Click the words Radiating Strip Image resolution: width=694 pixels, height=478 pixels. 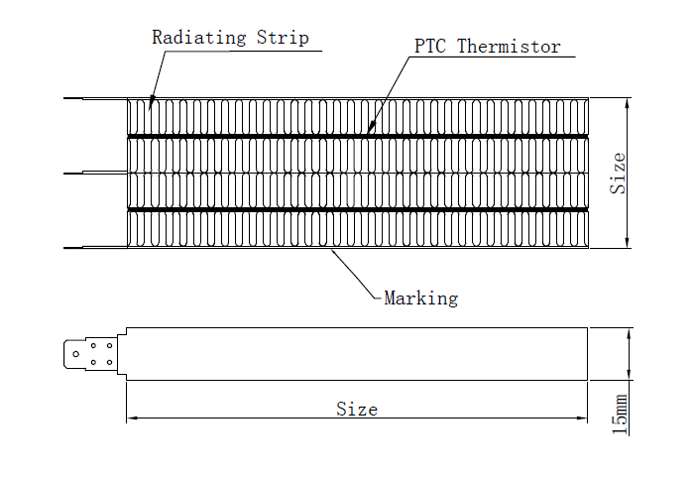coord(230,39)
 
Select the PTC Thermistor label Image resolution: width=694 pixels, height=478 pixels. coord(487,47)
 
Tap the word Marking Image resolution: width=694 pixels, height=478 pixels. coord(420,298)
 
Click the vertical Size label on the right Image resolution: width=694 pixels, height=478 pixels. coord(618,173)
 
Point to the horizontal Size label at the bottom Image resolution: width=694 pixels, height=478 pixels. coord(356,409)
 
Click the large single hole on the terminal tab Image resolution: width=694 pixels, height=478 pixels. coord(75,354)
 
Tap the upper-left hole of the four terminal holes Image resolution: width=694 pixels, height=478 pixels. coord(94,347)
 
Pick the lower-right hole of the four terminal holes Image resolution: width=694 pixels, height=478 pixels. coord(108,362)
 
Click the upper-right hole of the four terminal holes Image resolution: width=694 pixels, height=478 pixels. coord(108,347)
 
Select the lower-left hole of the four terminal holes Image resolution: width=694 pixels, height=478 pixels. coord(94,362)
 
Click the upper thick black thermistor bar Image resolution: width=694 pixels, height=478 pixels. coord(357,136)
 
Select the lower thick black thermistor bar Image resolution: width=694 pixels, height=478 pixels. coord(357,210)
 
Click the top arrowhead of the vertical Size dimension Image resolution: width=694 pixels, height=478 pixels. coord(628,103)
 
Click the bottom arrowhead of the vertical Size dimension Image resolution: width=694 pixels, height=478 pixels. coord(628,243)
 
